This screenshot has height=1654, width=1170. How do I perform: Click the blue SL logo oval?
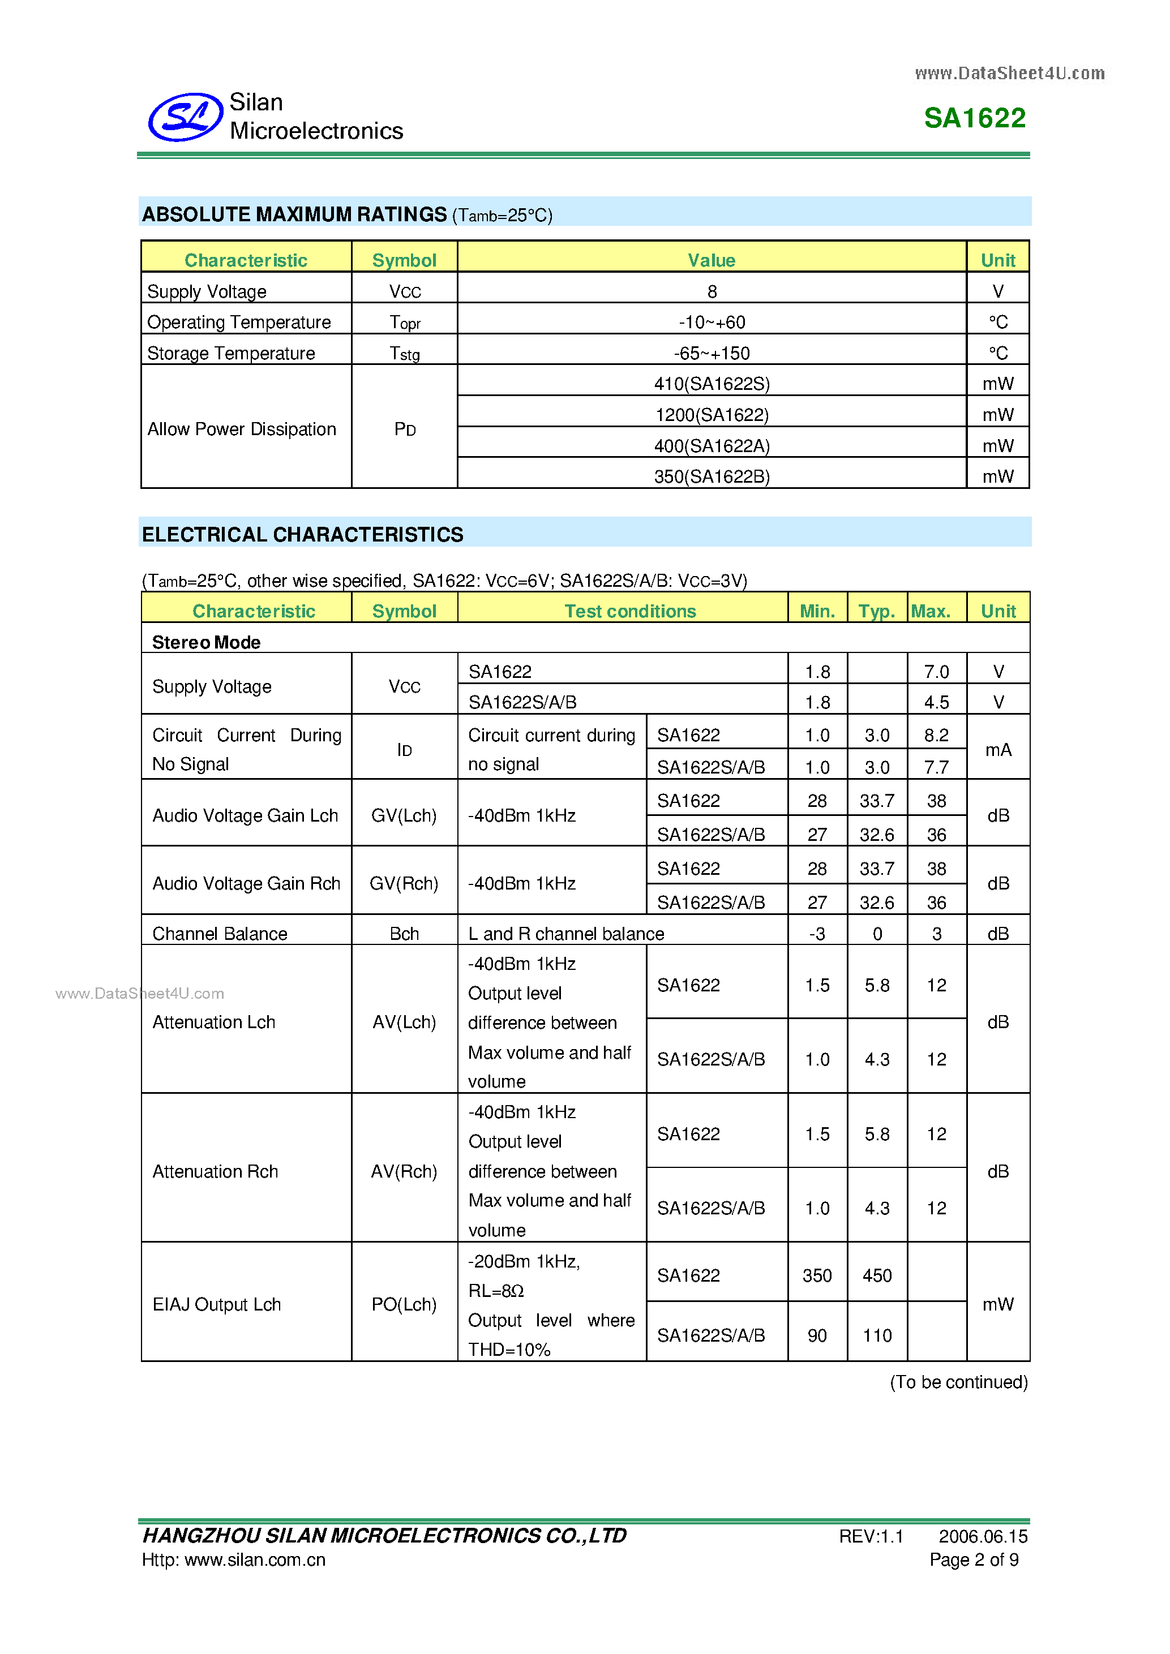185,117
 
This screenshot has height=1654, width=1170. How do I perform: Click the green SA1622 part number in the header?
974,118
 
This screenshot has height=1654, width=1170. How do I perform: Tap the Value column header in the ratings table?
711,260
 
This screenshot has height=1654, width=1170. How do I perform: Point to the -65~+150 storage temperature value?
712,353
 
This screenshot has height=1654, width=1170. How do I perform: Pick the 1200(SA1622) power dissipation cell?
712,415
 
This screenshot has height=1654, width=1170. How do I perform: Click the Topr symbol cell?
404,323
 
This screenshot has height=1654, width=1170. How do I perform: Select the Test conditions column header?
629,611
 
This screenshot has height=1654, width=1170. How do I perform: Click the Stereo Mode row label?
206,642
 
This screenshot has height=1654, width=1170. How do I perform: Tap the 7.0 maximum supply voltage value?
936,672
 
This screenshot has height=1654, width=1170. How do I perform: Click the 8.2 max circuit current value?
936,735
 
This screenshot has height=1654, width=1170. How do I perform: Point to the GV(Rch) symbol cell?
404,883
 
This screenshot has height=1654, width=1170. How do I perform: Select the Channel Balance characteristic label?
220,934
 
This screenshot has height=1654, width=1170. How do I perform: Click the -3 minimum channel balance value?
816,934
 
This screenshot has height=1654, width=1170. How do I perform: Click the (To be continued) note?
958,1382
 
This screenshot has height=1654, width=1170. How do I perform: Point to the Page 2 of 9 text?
974,1559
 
